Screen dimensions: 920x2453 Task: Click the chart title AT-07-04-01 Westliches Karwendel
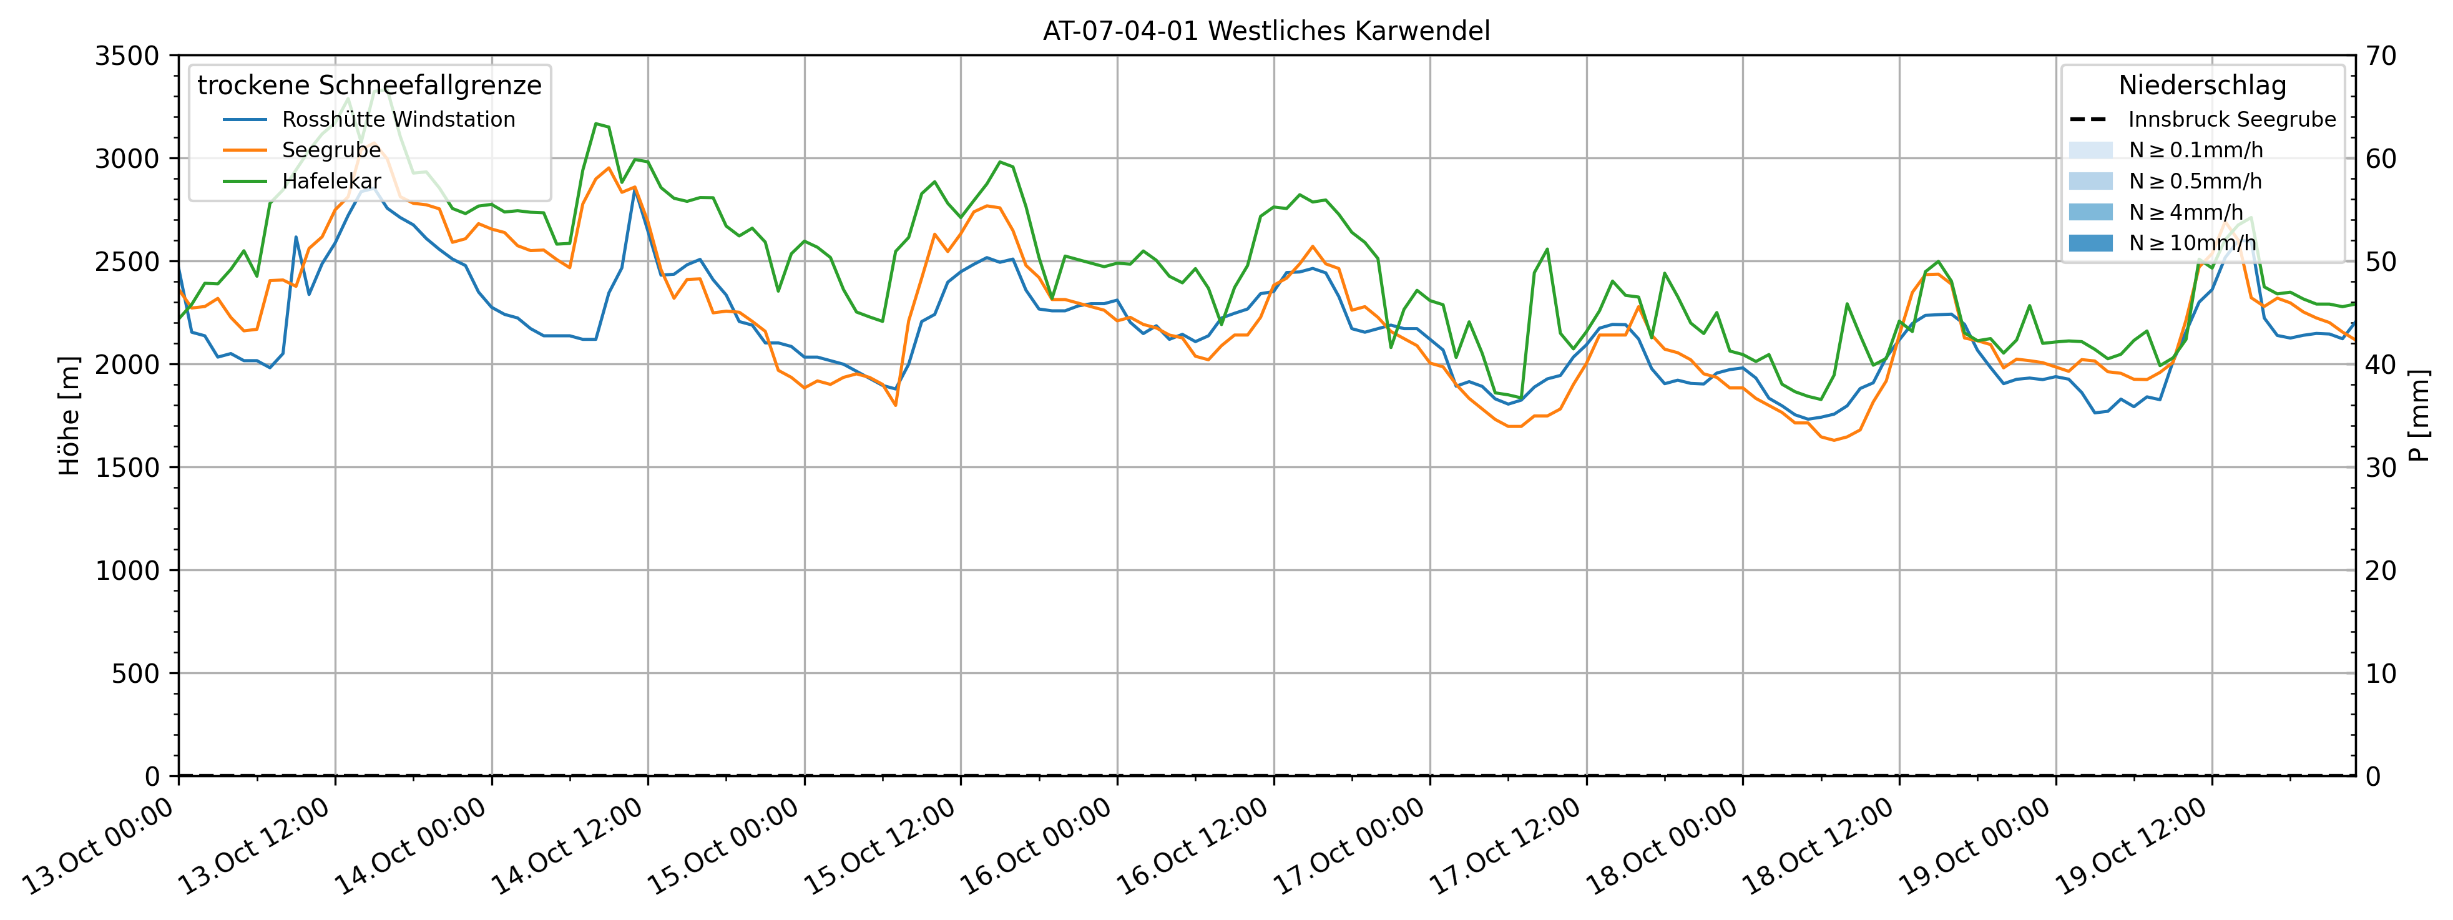pos(1266,31)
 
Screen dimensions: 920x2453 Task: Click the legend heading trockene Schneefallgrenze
pos(370,86)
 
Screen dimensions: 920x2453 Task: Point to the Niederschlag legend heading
pos(2201,86)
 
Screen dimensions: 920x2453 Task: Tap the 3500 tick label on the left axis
pos(127,56)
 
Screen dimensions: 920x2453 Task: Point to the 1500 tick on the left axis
pos(127,467)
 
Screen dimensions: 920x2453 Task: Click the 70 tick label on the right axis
pos(2381,56)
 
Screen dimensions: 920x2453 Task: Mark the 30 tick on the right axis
pos(2381,467)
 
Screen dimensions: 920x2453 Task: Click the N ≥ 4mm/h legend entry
pos(2185,212)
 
